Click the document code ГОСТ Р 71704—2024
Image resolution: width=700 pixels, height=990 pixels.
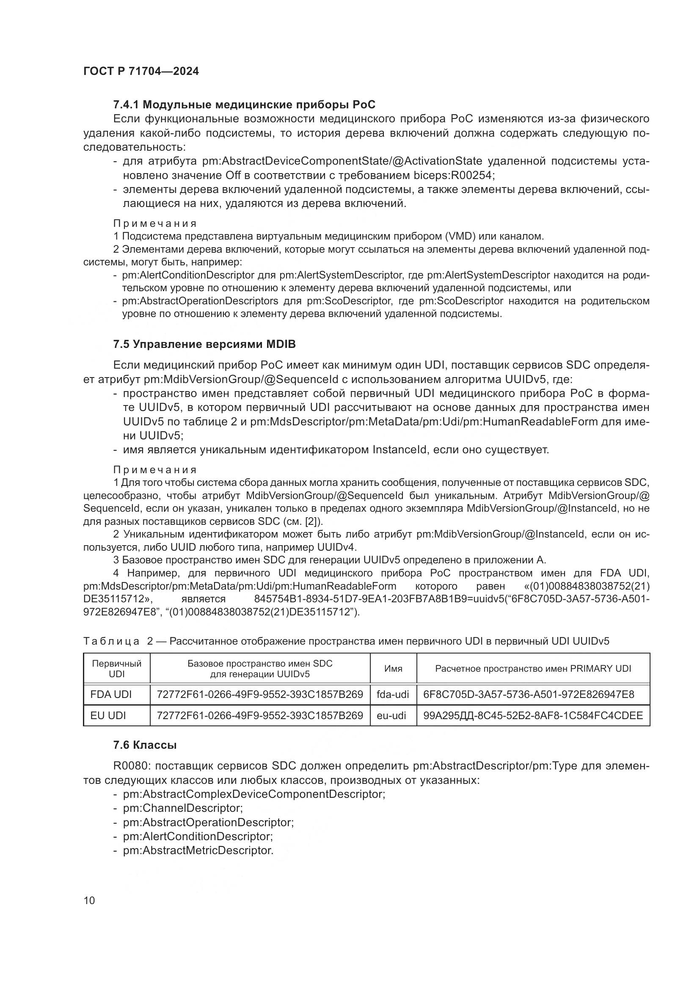141,71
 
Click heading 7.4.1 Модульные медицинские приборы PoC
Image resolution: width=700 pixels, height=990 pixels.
244,105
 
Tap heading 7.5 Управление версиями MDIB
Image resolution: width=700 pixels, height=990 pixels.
204,344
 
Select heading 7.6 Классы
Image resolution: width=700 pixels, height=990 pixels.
145,745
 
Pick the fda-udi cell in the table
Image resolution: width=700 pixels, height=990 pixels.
393,694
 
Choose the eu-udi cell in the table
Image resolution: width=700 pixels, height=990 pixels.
391,716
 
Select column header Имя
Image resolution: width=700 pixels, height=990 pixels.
393,669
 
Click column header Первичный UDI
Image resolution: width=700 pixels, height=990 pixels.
116,669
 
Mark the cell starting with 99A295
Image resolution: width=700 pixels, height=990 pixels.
533,716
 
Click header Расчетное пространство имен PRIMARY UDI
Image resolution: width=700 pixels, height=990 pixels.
533,669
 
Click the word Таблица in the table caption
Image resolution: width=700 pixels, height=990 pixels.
111,641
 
